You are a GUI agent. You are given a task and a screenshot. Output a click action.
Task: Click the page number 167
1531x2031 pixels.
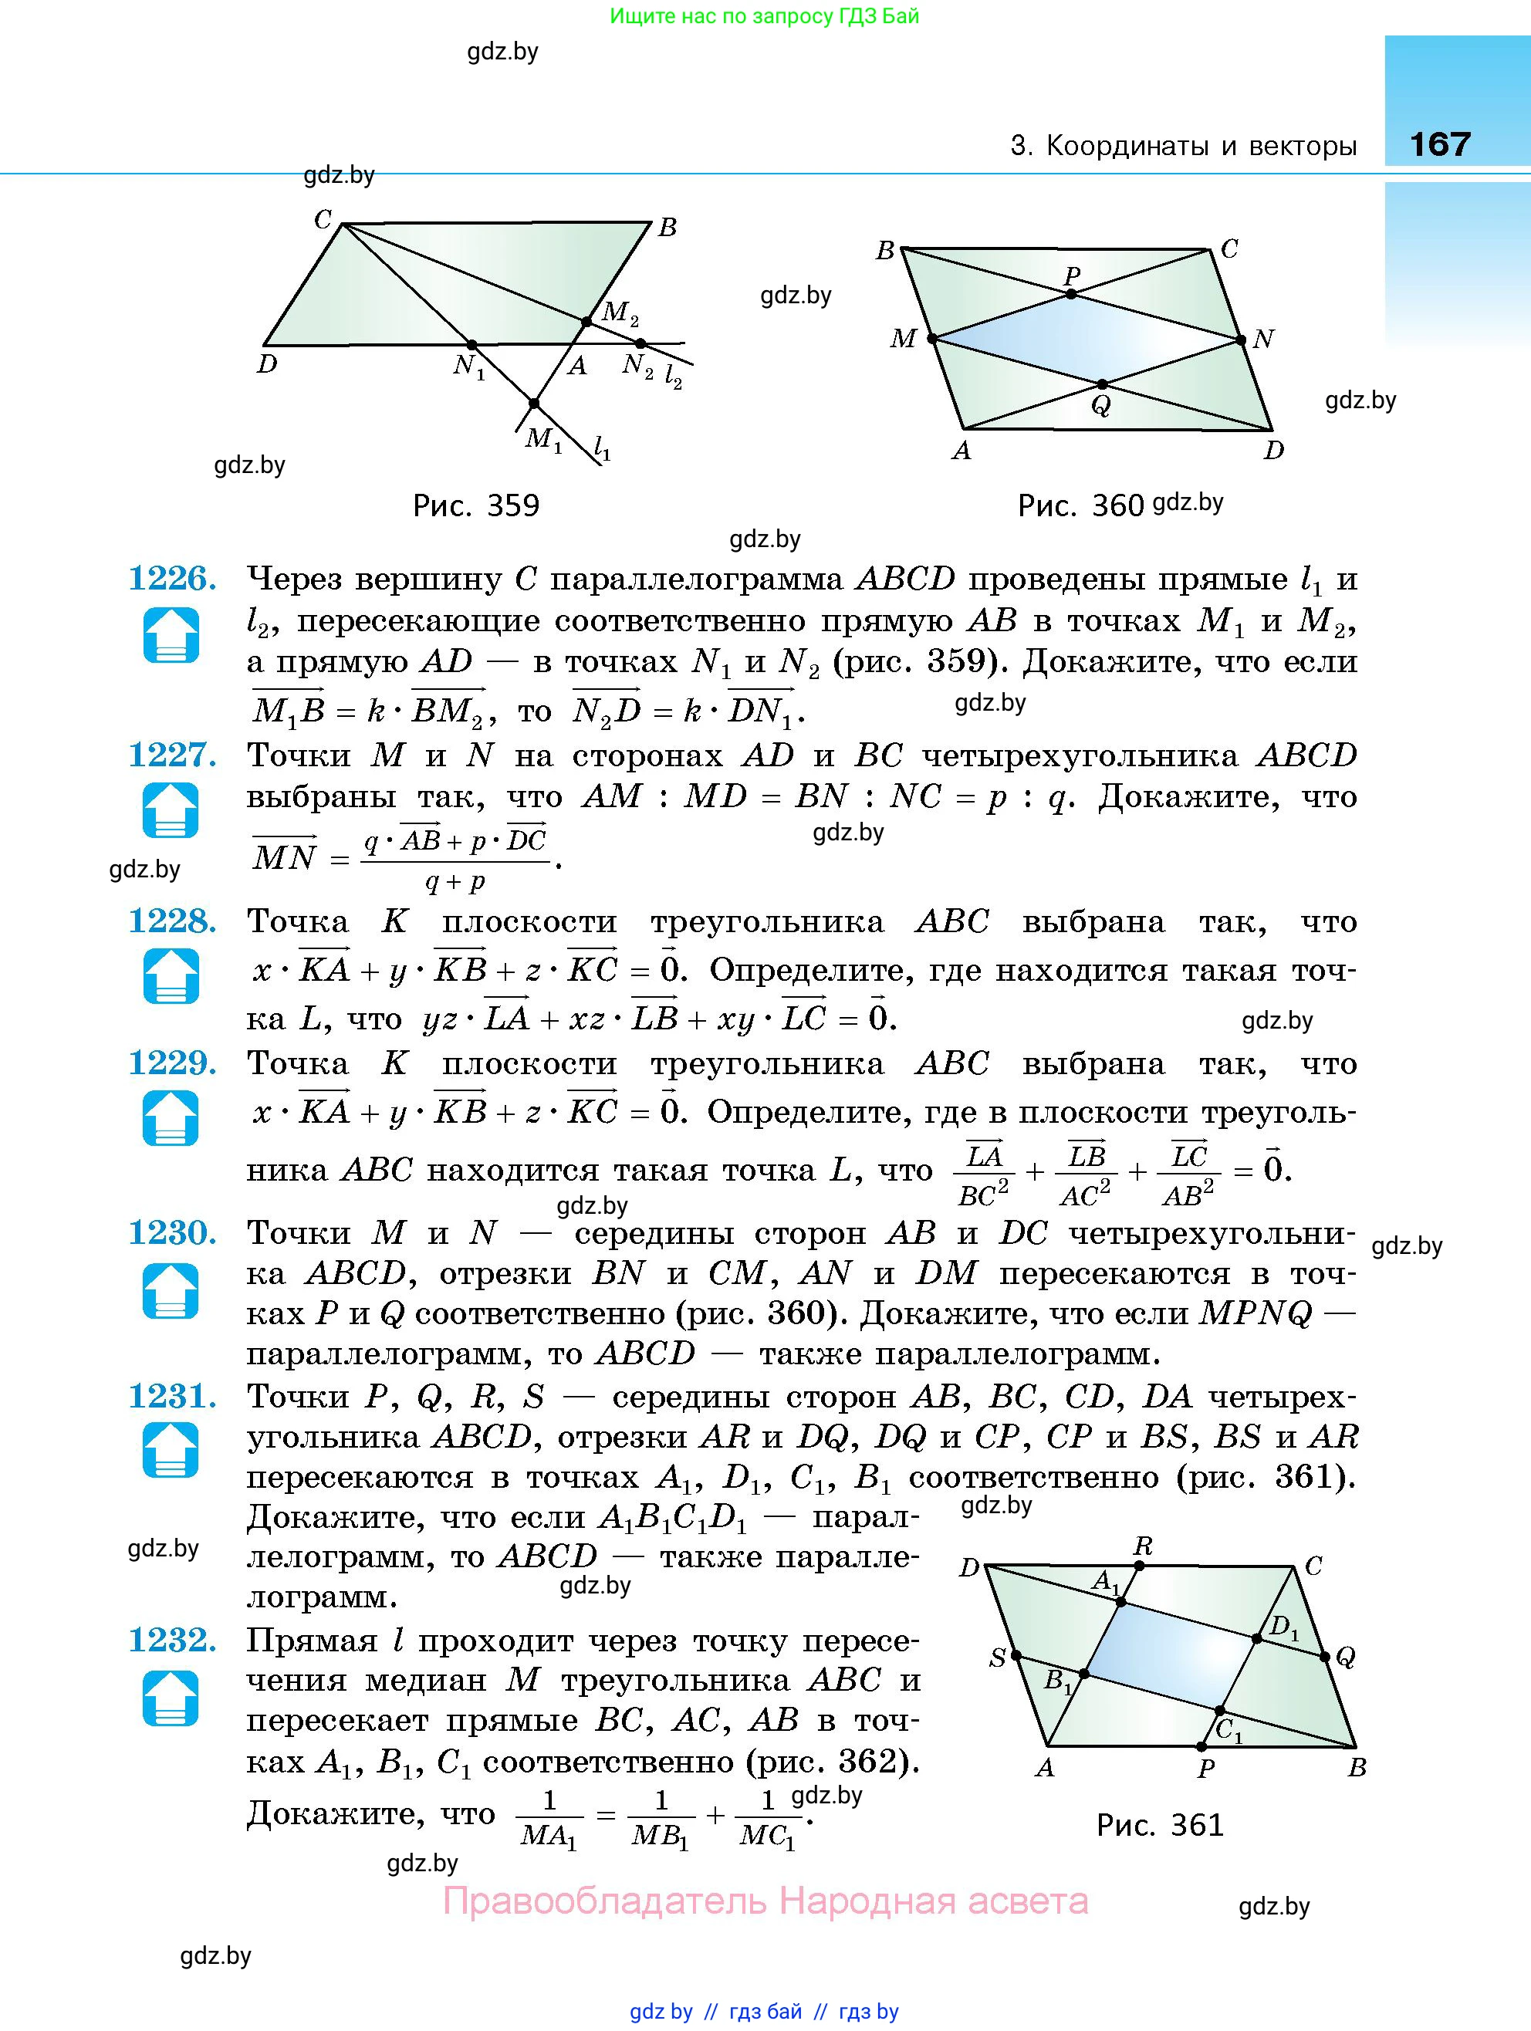click(x=1439, y=144)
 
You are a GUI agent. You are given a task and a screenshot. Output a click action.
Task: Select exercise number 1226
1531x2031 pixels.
click(x=172, y=580)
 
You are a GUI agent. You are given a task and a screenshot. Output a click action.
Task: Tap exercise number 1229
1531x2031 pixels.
click(x=172, y=1064)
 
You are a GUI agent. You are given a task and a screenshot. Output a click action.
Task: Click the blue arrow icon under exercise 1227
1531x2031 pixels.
click(x=171, y=811)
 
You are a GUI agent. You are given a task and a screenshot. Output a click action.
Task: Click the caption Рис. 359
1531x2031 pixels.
click(x=476, y=506)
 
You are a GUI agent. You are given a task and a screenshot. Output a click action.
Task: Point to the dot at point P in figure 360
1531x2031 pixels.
click(x=1071, y=294)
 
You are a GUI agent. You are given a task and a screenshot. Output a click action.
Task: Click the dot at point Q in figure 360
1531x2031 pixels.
click(x=1102, y=384)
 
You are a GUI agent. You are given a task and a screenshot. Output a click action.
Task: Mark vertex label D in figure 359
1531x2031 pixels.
click(x=266, y=364)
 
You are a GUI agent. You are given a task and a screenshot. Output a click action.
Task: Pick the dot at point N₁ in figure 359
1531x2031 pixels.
click(x=472, y=344)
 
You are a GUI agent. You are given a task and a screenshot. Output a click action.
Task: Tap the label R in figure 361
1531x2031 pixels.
click(x=1143, y=1546)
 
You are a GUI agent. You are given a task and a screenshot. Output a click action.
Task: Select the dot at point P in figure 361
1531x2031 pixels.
click(x=1202, y=1745)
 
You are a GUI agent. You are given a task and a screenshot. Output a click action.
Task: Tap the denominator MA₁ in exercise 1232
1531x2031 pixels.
click(x=549, y=1837)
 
